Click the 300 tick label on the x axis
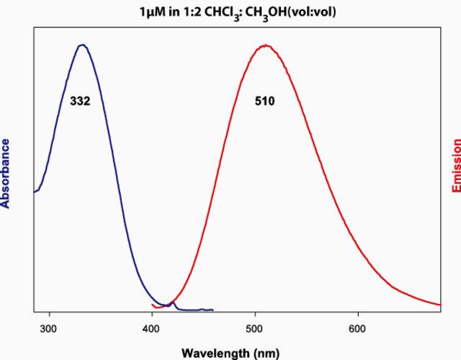click(x=48, y=328)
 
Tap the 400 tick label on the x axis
click(x=151, y=328)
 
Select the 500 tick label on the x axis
click(x=254, y=328)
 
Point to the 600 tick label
click(x=357, y=328)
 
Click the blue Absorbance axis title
click(x=5, y=174)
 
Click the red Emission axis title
click(x=456, y=166)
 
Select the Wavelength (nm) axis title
click(x=230, y=353)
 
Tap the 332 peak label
click(x=80, y=101)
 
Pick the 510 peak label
click(x=265, y=101)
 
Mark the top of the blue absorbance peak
click(x=83, y=45)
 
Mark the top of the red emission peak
click(x=266, y=45)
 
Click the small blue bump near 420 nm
click(x=173, y=302)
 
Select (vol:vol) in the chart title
click(x=311, y=12)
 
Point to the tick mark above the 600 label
click(x=358, y=314)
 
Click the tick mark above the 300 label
click(x=50, y=314)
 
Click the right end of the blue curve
click(x=213, y=310)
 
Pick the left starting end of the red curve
click(x=152, y=305)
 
